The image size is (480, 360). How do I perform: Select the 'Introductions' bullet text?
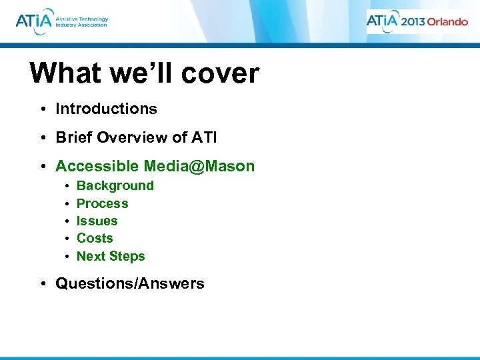pos(106,109)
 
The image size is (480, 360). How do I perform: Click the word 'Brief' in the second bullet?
pos(74,137)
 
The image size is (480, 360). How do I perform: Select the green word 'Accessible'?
pos(97,166)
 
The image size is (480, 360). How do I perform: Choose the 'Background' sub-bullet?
pos(115,186)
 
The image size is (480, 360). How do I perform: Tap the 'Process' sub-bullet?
pos(102,203)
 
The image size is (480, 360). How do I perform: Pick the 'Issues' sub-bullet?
pos(97,221)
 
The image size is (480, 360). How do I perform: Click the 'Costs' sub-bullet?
pos(95,238)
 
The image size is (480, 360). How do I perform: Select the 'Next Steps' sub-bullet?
pos(111,256)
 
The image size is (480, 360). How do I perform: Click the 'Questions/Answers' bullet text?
pos(129,283)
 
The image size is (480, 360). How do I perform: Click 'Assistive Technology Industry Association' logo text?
pos(82,21)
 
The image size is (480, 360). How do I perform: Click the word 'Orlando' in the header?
pos(447,21)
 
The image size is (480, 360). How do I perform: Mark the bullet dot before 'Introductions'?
pos(42,109)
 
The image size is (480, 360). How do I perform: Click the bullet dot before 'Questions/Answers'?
pos(42,284)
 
